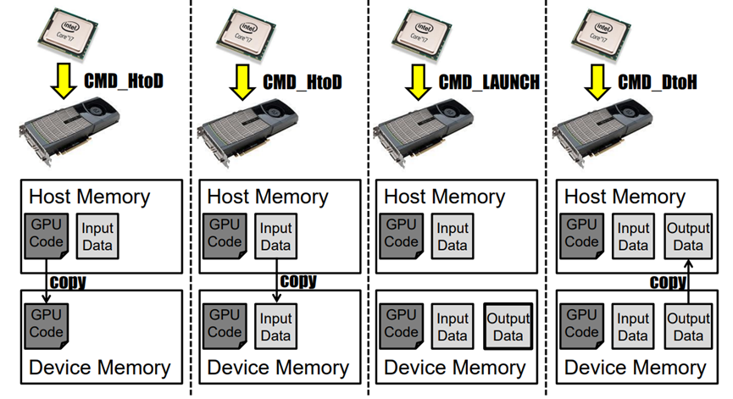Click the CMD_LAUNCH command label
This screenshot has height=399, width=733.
(489, 81)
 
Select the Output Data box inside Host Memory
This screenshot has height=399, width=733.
(688, 236)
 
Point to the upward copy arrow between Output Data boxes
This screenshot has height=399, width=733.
(689, 280)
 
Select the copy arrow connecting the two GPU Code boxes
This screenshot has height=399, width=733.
(44, 280)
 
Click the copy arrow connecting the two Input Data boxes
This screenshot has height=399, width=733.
(275, 280)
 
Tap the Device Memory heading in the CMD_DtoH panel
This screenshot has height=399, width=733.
(635, 368)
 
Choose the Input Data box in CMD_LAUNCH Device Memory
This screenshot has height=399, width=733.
(453, 328)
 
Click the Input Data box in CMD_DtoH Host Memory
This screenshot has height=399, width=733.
(633, 236)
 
